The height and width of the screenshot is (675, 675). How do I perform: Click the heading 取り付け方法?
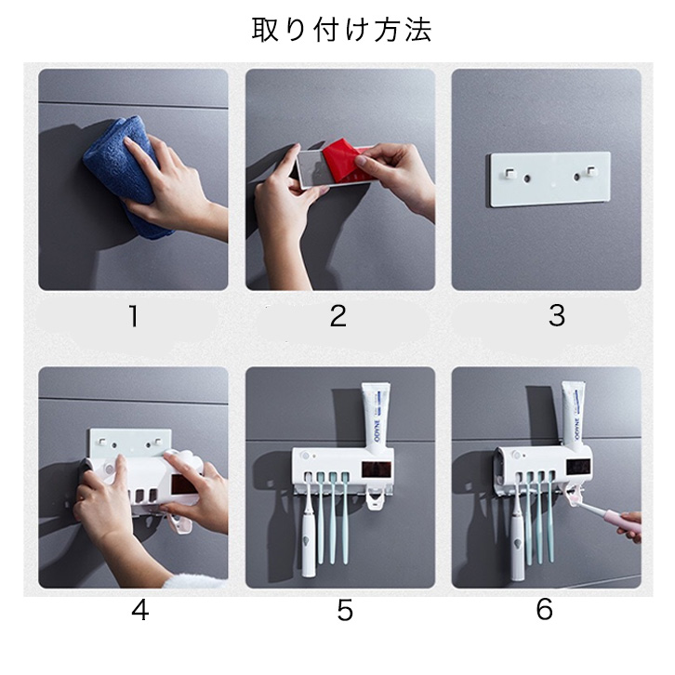tap(341, 30)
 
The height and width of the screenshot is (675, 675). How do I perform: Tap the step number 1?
tap(134, 316)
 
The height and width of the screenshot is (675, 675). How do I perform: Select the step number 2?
tap(337, 316)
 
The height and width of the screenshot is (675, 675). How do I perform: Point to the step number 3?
tap(557, 315)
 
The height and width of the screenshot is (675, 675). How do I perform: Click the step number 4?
tap(139, 610)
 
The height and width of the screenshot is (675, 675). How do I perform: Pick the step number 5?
tap(345, 611)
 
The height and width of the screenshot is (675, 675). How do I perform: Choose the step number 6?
tap(545, 610)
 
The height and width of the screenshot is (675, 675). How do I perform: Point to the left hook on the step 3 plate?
tap(510, 172)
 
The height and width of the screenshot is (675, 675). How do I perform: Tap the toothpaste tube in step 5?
tap(376, 419)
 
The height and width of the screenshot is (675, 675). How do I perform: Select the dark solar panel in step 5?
tap(376, 470)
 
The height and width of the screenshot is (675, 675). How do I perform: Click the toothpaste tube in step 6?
tap(576, 415)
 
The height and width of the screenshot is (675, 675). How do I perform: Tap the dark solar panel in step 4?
tap(185, 484)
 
